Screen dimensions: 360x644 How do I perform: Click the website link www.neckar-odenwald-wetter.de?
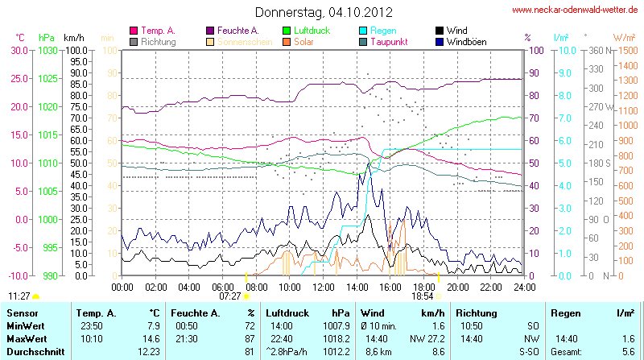(x=576, y=10)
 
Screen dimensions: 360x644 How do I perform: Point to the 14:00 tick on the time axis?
(x=357, y=286)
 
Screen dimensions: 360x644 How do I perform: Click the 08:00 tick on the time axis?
(x=256, y=286)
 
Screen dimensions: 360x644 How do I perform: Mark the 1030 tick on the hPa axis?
(x=47, y=50)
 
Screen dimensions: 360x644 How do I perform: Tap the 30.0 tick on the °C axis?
(x=19, y=50)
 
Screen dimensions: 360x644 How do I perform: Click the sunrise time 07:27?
(x=230, y=296)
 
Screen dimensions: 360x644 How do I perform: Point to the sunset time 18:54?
(x=423, y=296)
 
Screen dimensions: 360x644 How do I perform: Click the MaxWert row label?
(x=27, y=339)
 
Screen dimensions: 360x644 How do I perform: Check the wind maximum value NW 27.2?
(x=425, y=339)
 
